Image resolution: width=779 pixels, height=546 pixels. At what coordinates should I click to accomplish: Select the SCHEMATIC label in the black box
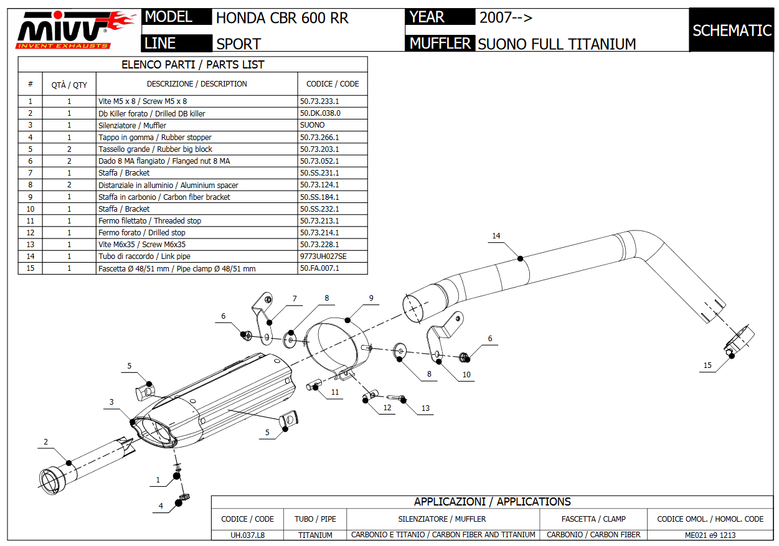click(x=732, y=31)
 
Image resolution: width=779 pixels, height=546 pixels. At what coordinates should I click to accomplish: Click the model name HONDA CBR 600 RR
click(x=282, y=18)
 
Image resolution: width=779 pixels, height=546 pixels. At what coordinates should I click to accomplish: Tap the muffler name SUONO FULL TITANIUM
click(x=557, y=44)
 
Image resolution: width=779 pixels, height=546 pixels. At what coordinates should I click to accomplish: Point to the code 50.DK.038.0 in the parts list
click(x=320, y=113)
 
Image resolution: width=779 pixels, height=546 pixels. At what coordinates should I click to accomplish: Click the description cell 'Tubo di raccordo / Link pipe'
click(x=144, y=257)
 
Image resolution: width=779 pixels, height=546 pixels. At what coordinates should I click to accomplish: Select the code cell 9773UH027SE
click(x=323, y=257)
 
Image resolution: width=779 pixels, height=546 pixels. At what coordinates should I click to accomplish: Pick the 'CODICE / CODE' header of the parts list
click(x=333, y=84)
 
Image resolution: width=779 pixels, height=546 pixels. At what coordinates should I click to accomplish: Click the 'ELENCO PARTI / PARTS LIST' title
click(x=192, y=64)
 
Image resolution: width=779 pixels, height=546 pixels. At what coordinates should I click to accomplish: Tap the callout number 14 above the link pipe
click(x=496, y=236)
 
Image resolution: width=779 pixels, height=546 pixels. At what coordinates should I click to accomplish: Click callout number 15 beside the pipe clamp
click(x=707, y=365)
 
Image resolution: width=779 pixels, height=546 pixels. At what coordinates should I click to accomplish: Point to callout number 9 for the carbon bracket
click(x=371, y=298)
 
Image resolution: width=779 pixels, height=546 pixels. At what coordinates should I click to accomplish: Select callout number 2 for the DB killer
click(x=45, y=443)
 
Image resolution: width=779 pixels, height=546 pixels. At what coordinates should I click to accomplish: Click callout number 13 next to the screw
click(x=425, y=408)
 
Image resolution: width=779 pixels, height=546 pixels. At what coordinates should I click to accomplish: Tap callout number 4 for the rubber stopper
click(x=161, y=507)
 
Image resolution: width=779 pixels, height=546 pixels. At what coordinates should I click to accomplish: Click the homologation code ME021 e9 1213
click(x=711, y=535)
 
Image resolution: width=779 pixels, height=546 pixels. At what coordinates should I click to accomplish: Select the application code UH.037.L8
click(x=247, y=535)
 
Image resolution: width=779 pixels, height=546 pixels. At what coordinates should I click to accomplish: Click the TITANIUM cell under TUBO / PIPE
click(x=315, y=535)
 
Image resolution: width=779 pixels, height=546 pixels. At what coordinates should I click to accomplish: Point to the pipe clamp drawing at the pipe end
click(x=739, y=341)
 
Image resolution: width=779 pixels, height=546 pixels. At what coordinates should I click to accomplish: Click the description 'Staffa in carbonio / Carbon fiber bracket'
click(x=164, y=197)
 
